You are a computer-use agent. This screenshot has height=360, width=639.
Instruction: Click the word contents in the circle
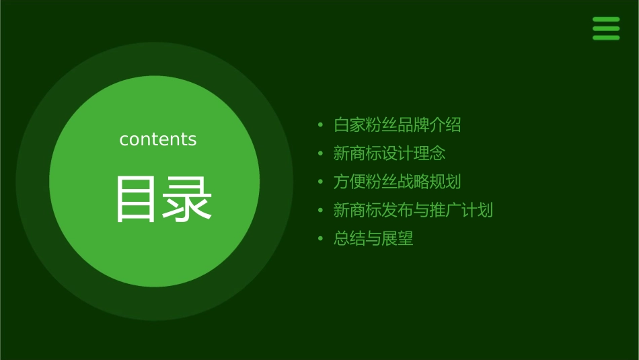point(158,139)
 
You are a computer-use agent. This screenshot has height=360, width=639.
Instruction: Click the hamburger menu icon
point(605,28)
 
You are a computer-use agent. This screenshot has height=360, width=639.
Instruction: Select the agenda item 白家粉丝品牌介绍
point(397,125)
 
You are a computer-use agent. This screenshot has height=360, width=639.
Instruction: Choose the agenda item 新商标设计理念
point(389,153)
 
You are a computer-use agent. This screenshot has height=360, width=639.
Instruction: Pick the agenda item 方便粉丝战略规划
point(397,182)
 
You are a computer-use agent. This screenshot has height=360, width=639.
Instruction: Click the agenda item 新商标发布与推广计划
point(413,210)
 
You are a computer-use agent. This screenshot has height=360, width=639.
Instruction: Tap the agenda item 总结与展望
point(373,238)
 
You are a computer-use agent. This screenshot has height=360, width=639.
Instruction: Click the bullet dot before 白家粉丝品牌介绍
point(320,125)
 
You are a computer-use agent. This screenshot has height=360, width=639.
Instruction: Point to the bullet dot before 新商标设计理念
point(320,153)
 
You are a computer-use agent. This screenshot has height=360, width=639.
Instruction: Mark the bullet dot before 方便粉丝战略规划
point(320,182)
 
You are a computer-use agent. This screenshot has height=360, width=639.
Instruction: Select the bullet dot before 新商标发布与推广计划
point(320,210)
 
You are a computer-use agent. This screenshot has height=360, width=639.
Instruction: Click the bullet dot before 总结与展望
point(320,238)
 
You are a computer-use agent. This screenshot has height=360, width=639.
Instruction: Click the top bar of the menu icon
point(605,20)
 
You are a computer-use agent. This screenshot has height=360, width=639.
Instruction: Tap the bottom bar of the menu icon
point(605,38)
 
